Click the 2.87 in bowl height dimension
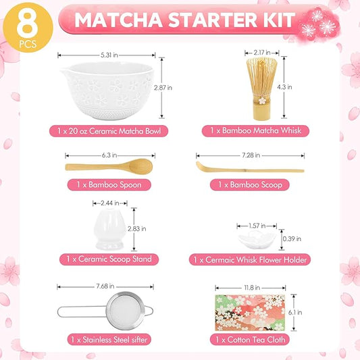[174, 88]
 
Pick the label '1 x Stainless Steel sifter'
[109, 338]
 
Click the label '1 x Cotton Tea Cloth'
[252, 338]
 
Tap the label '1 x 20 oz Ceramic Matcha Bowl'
[109, 130]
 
